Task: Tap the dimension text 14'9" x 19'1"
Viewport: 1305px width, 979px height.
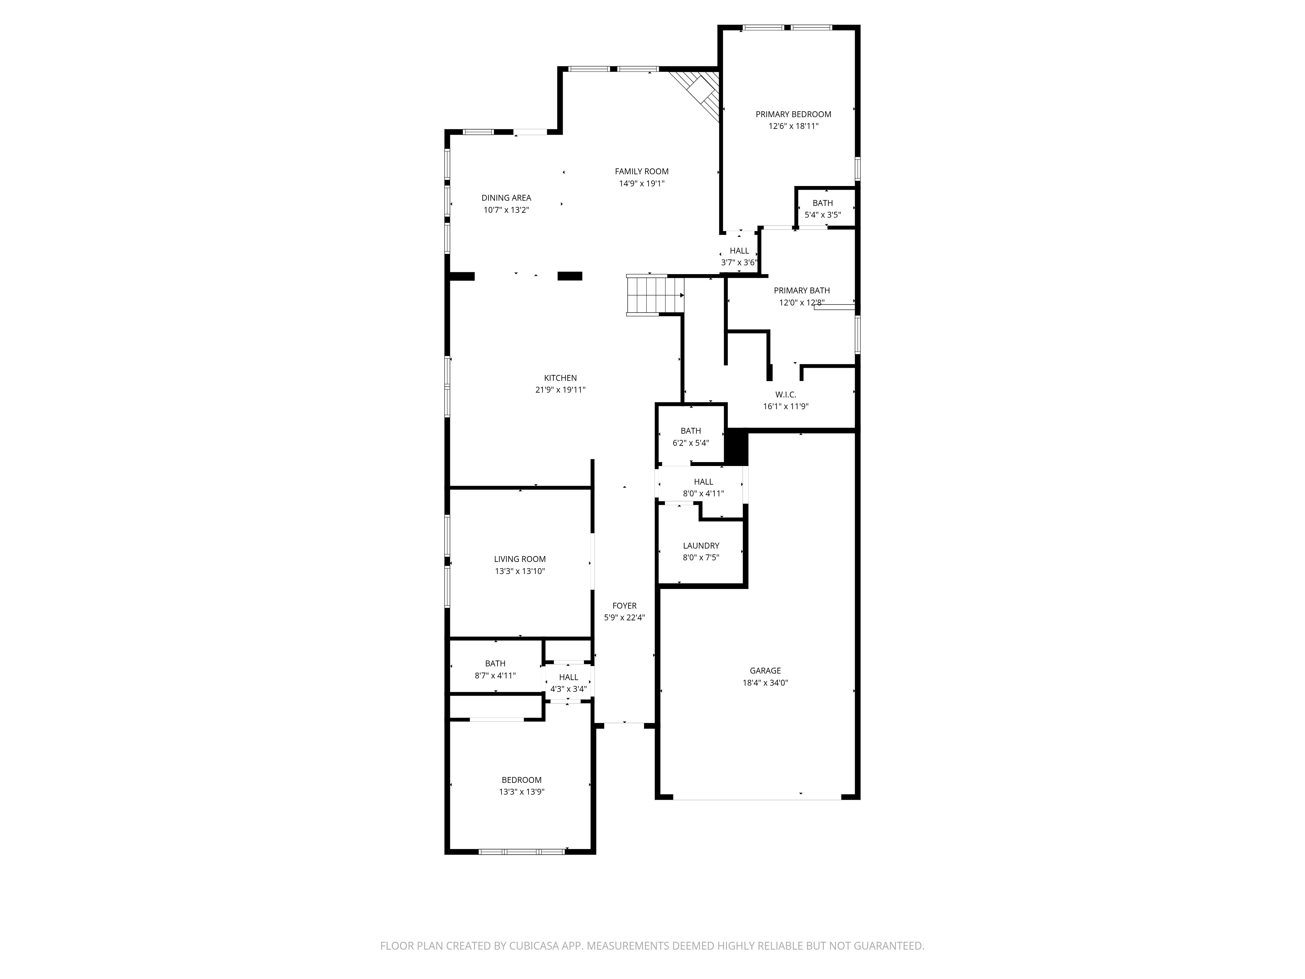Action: point(641,183)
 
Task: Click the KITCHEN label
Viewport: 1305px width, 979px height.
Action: point(560,378)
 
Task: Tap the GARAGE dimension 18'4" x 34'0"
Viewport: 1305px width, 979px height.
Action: point(765,683)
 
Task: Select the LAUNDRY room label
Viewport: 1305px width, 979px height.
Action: point(701,545)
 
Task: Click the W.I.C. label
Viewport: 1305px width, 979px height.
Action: point(785,394)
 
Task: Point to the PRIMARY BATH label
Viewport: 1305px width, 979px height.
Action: point(801,290)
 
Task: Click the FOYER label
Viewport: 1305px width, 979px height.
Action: point(624,605)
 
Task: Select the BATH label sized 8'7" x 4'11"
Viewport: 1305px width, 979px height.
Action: point(495,663)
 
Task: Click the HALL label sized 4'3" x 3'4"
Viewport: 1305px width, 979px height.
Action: point(568,677)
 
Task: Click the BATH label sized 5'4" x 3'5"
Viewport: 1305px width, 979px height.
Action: point(822,203)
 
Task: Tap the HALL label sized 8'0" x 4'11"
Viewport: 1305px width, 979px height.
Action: point(703,482)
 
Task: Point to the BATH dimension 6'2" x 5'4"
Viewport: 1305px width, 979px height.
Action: point(690,443)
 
